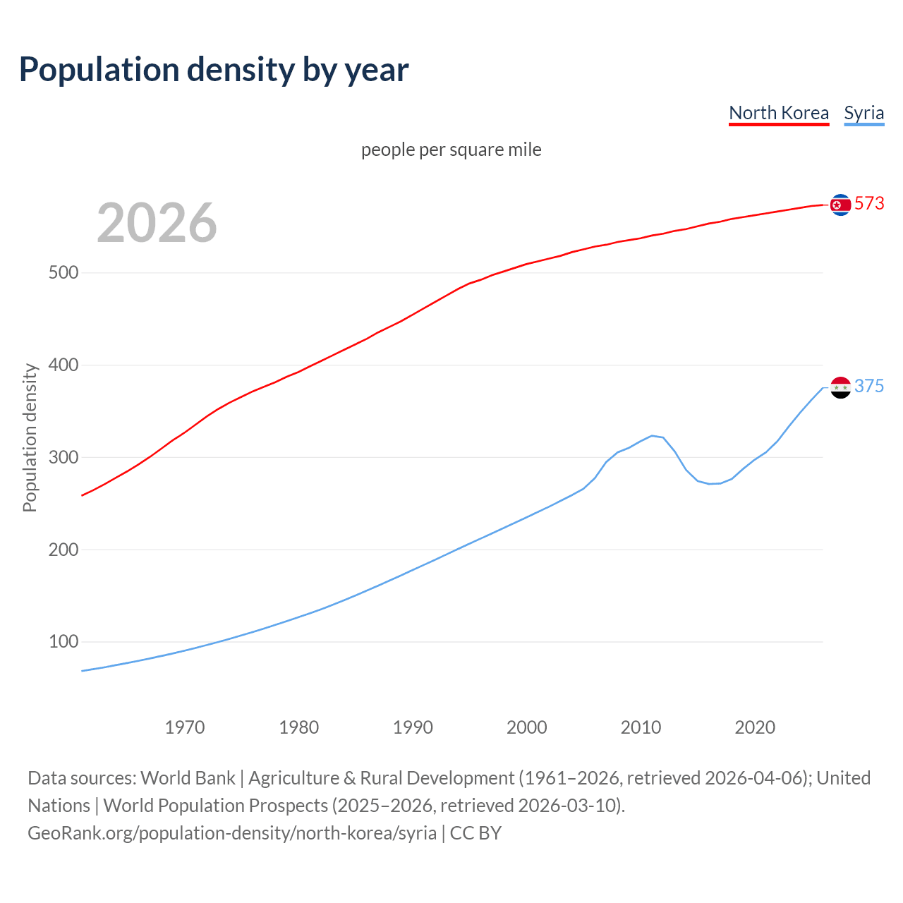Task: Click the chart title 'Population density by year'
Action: [214, 70]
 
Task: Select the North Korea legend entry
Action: [779, 113]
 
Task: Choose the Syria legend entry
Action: [863, 113]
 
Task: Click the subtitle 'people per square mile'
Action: [451, 150]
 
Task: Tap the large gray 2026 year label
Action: [157, 223]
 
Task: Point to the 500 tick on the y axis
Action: [63, 273]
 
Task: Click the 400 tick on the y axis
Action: [63, 365]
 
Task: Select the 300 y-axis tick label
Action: [63, 458]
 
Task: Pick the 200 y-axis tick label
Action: [63, 550]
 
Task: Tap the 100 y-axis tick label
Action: [63, 642]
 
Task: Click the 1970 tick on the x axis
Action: [185, 727]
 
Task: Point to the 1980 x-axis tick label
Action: [299, 727]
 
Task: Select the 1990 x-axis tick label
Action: [413, 727]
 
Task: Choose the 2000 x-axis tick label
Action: [527, 727]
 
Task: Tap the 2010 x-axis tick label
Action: [641, 727]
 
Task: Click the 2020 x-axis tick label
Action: [755, 727]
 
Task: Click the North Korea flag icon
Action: [840, 205]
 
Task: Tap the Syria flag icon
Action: [840, 387]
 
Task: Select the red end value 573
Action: [869, 204]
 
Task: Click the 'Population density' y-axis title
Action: [30, 437]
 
